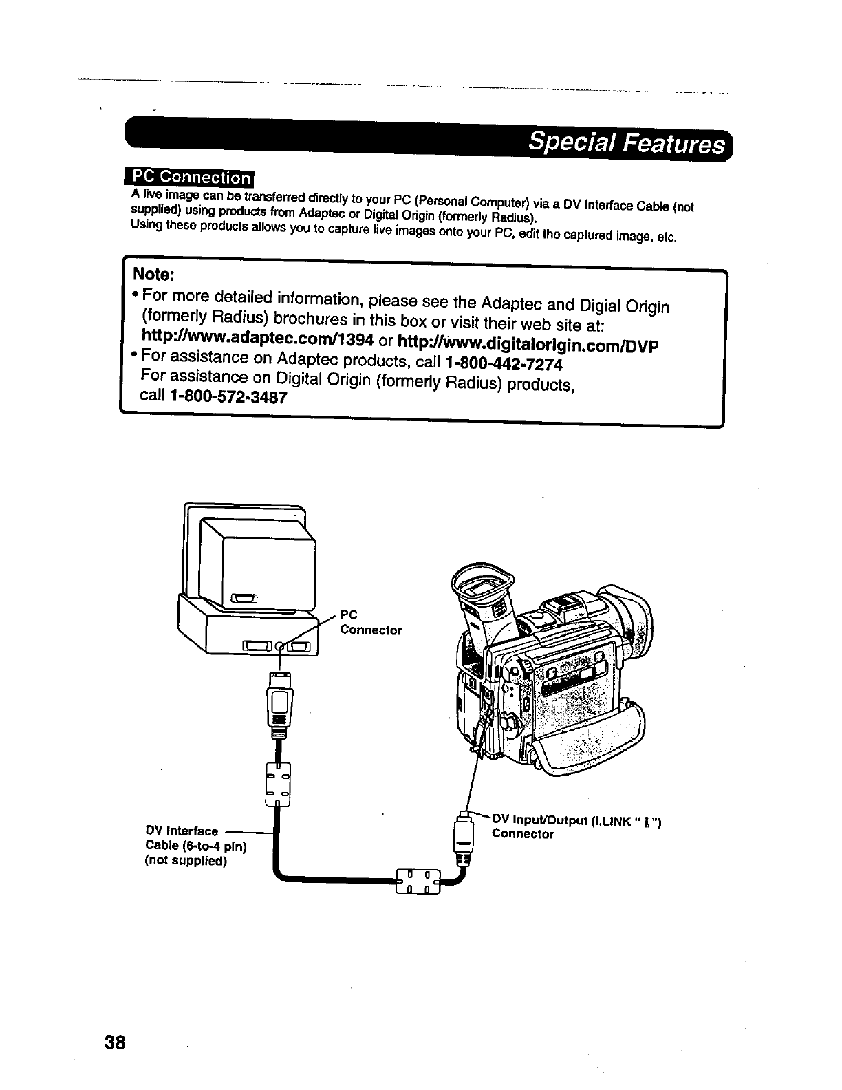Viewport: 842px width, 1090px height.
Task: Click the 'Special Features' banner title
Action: [x=625, y=145]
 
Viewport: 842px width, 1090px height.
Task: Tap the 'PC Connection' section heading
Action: [x=190, y=177]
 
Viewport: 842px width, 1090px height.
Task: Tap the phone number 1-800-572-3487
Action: [x=227, y=398]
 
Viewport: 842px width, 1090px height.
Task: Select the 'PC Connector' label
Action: [x=371, y=622]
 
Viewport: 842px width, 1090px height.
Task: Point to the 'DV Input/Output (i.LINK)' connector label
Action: [x=576, y=826]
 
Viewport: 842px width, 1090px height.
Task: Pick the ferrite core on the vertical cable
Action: [x=277, y=784]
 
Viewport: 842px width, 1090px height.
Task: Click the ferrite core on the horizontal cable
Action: [x=417, y=881]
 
